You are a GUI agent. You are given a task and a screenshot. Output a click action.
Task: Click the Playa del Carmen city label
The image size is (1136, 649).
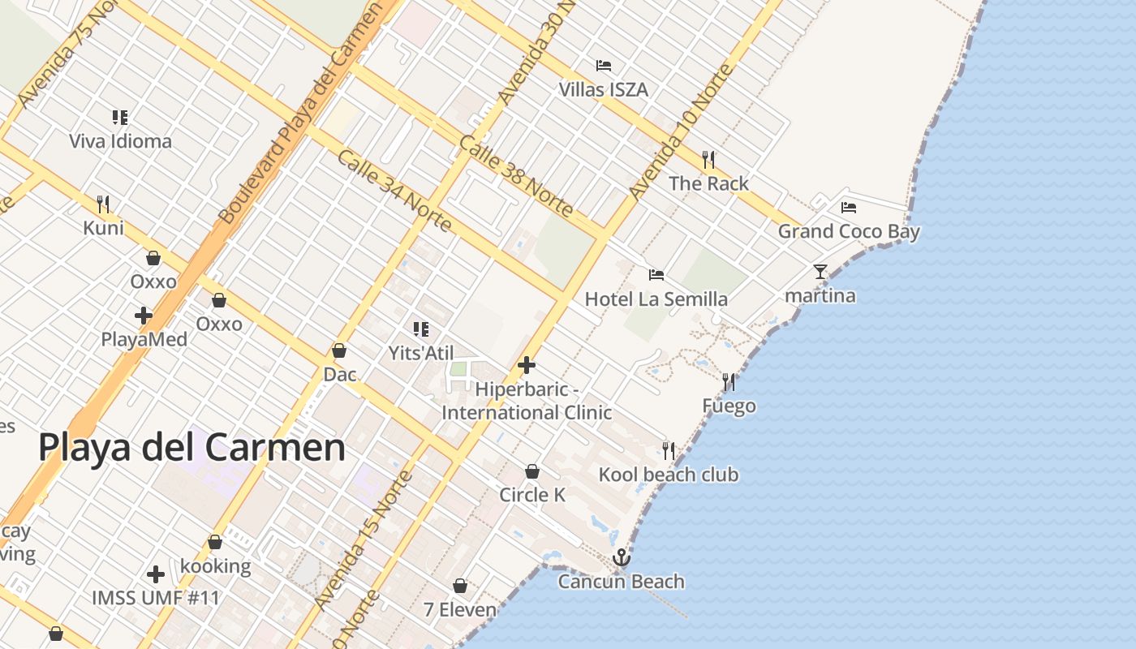pos(191,448)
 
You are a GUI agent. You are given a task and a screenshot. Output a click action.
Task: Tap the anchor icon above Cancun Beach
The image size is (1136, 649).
pos(621,557)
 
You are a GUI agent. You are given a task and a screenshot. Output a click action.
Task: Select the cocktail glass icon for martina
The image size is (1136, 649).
pos(820,271)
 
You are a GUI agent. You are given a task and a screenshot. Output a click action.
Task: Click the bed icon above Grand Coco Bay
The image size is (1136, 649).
pos(849,208)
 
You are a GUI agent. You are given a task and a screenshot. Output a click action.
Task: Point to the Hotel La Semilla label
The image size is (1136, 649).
pos(656,299)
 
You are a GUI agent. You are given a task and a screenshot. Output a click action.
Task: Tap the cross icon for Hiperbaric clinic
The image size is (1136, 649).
pos(527,365)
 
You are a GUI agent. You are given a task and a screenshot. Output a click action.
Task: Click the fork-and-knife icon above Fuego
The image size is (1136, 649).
pos(729,381)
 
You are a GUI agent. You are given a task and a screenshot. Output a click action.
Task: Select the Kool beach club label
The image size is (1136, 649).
pos(669,475)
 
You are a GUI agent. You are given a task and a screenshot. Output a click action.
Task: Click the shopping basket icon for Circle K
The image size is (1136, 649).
pos(532,471)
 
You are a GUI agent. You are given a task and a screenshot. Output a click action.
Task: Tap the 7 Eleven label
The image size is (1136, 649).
pos(460,609)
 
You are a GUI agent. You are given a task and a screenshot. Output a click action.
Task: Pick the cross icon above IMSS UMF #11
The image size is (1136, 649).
pos(156,574)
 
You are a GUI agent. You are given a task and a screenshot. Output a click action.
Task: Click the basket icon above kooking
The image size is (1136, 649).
pos(215,542)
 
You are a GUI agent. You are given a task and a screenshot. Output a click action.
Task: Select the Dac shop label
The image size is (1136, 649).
pos(339,374)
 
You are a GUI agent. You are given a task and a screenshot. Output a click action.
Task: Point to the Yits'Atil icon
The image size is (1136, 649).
pos(420,329)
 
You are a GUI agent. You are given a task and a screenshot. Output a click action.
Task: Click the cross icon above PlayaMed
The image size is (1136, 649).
pos(144,316)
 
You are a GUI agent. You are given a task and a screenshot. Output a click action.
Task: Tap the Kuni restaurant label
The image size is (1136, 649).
pos(103,227)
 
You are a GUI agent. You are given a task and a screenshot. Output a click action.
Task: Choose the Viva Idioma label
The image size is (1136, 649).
pos(120,141)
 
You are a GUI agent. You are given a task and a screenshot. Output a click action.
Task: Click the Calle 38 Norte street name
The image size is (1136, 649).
pos(516,176)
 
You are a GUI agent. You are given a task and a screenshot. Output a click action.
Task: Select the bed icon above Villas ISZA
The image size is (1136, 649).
pos(603,66)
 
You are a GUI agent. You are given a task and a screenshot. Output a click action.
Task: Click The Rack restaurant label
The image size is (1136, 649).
pos(708,183)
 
